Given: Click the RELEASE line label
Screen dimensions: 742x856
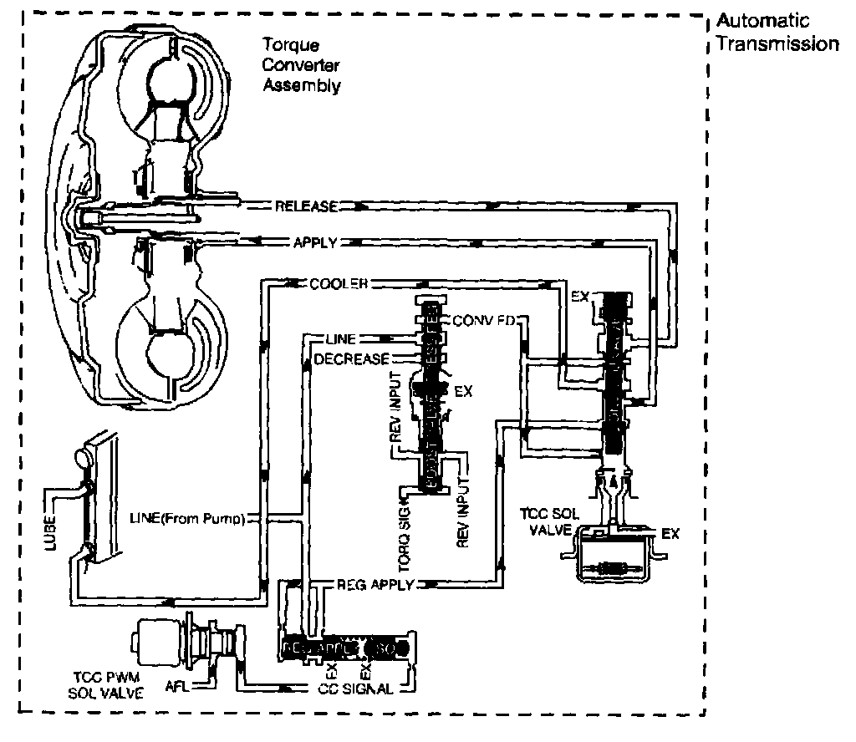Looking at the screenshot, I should (x=306, y=206).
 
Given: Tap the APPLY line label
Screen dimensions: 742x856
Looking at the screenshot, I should (x=314, y=243).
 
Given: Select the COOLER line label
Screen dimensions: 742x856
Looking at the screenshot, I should (x=339, y=283).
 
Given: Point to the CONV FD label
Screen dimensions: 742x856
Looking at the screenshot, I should (x=483, y=321).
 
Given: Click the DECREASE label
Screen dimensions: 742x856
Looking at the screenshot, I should (x=352, y=359).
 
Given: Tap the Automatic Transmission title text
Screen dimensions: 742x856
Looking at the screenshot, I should (x=777, y=33).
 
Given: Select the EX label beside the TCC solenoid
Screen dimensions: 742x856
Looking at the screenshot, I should (x=670, y=533).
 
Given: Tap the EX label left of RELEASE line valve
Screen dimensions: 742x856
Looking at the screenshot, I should (x=579, y=296).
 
